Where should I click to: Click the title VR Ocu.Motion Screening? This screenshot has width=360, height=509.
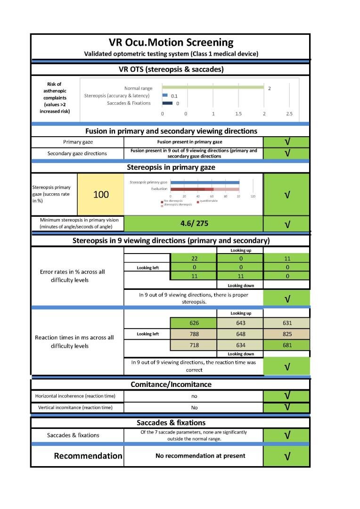(170, 42)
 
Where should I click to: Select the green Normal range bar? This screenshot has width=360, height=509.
(213, 87)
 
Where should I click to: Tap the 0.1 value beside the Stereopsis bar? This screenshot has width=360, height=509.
(174, 96)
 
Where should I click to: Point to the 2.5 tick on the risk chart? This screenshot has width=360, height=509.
(289, 114)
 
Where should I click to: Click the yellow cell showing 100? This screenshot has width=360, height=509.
(101, 194)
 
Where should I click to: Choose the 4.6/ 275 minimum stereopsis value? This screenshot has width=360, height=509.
(194, 223)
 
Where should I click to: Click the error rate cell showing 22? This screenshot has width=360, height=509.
(194, 258)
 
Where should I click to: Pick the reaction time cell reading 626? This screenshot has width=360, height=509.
(194, 323)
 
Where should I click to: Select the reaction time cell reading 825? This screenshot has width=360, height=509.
(287, 334)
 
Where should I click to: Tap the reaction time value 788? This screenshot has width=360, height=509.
(194, 334)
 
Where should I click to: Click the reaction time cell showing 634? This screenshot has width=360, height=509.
(240, 345)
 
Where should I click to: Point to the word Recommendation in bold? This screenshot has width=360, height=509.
(88, 456)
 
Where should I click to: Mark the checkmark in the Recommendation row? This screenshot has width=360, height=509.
(286, 456)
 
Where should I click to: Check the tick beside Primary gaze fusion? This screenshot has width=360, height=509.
(286, 142)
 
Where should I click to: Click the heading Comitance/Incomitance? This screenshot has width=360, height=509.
(171, 384)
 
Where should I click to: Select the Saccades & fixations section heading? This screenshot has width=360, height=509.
(171, 422)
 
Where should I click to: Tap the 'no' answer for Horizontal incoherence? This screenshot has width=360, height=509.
(194, 396)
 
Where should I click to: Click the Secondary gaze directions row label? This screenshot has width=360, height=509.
(77, 153)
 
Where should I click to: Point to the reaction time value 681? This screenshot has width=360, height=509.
(287, 345)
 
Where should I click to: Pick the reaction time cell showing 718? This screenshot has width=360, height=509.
(194, 345)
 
